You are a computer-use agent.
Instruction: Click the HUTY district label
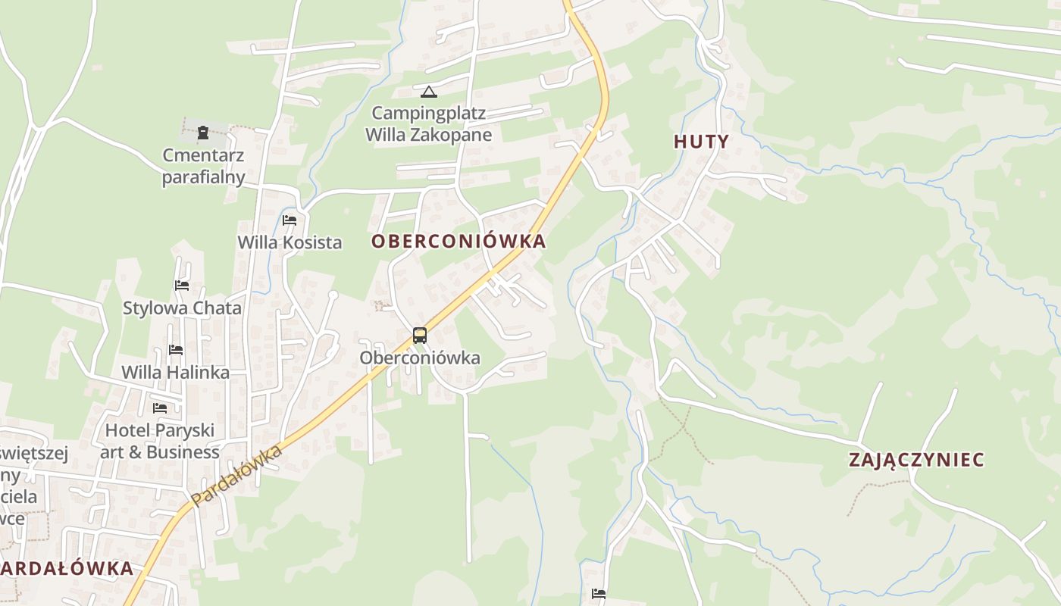701,142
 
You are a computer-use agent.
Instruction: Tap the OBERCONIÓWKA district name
459,242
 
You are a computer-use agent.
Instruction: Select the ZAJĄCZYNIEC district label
916,460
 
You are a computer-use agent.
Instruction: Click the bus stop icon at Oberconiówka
420,335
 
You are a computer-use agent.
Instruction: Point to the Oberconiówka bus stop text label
420,358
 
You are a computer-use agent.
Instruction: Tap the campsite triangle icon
429,92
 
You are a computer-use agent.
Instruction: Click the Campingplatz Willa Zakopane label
429,124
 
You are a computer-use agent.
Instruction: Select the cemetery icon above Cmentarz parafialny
203,133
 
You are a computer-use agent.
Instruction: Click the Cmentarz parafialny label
204,166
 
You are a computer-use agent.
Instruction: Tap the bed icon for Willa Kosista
290,220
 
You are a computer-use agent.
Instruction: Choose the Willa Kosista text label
290,242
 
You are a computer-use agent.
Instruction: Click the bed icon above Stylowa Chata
182,286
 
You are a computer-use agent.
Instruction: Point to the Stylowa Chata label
182,308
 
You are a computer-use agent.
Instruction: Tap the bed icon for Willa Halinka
176,350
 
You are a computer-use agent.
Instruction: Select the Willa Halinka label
176,373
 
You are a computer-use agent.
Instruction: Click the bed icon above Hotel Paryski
160,408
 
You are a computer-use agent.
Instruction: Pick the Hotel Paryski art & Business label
160,441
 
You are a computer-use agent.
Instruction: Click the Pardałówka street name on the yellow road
236,476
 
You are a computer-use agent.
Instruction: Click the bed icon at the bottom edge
599,594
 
